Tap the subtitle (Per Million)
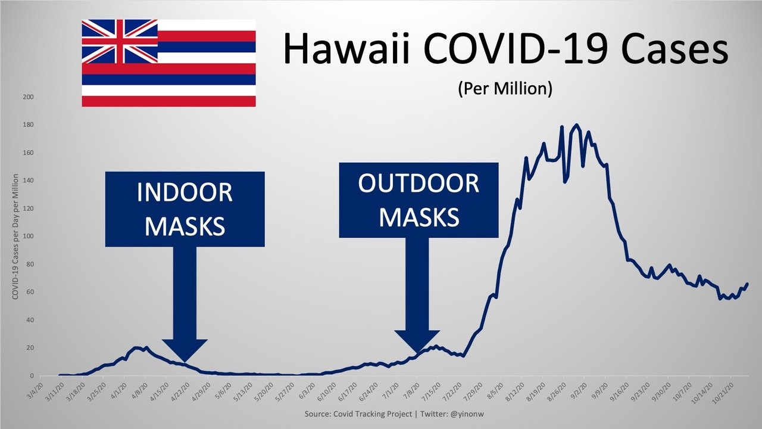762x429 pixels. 505,89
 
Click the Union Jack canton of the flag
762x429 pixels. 120,41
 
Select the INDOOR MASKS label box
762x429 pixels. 185,209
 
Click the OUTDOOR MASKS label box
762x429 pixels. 419,200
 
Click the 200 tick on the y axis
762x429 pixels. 28,97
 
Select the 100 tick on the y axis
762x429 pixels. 28,237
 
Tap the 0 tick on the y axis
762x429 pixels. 32,376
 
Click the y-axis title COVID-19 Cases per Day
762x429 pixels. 15,237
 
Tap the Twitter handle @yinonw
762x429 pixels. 467,414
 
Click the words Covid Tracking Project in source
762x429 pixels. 373,414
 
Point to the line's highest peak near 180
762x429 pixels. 576,125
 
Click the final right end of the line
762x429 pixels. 747,284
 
